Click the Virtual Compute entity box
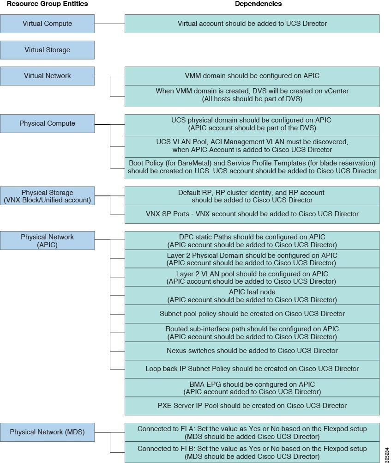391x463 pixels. tap(47, 24)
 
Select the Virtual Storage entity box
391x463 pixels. tap(47, 50)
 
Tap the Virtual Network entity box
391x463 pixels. tap(47, 76)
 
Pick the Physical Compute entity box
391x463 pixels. tap(47, 123)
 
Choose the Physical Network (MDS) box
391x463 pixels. tap(47, 432)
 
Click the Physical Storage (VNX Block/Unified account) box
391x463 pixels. tap(47, 196)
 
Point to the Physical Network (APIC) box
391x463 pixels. tap(47, 241)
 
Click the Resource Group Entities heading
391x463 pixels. tap(47, 4)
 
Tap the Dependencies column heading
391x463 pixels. tap(258, 4)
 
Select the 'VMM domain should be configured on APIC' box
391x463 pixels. tap(252, 76)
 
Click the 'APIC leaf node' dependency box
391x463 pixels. tap(252, 296)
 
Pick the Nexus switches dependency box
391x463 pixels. tap(252, 351)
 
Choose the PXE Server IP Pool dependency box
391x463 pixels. tap(252, 406)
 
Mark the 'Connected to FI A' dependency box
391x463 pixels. tap(252, 433)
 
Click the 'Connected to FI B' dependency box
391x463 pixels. tap(252, 452)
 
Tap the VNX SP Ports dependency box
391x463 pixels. tap(252, 214)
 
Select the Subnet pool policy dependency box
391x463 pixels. tap(252, 314)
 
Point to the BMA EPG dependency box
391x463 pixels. tap(252, 388)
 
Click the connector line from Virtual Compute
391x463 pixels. tap(110, 24)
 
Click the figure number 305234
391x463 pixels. tap(387, 455)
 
